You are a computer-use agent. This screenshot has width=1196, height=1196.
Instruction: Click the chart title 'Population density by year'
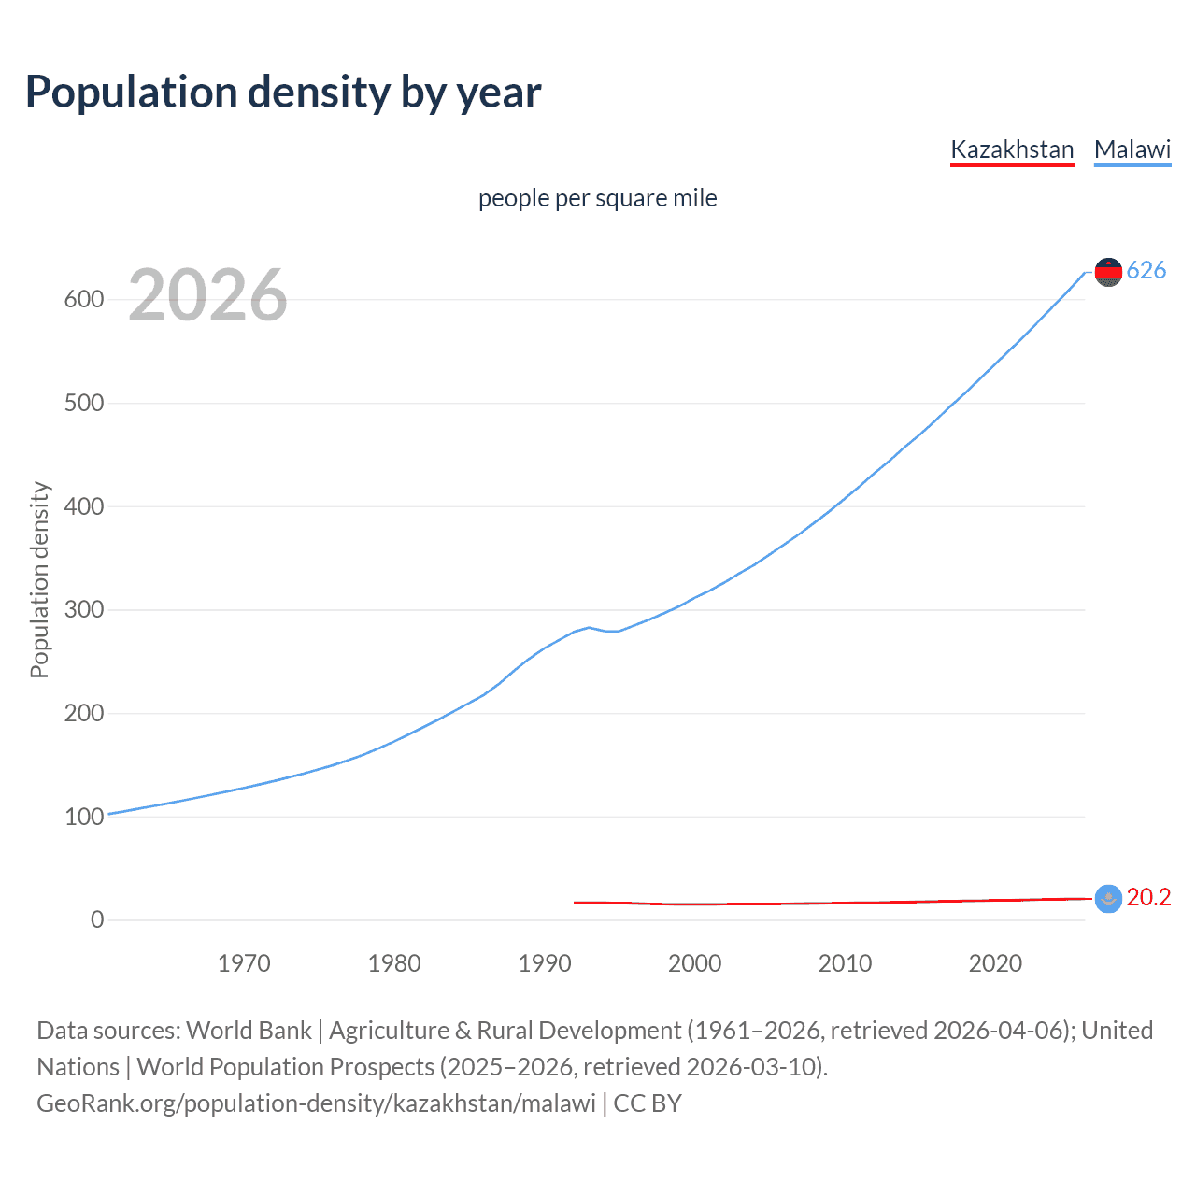coord(283,93)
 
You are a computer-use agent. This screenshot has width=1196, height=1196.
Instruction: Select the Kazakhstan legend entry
coord(1012,149)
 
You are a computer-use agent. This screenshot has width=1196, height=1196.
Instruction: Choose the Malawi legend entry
coord(1132,149)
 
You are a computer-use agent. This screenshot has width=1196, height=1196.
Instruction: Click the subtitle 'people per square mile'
coord(597,198)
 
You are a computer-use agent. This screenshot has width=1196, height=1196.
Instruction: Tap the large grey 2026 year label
coord(207,295)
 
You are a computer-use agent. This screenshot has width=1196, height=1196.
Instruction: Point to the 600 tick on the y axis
coord(83,300)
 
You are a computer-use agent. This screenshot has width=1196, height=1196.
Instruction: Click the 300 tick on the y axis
coord(83,610)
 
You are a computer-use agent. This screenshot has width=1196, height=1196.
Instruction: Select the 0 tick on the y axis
coord(97,920)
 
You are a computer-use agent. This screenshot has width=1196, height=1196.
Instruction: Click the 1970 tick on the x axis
coord(244,963)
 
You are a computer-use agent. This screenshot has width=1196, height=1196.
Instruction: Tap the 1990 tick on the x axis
coord(545,963)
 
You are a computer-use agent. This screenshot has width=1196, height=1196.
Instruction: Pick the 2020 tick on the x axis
coord(995,963)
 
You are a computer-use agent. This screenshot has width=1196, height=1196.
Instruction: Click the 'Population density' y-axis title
coord(39,579)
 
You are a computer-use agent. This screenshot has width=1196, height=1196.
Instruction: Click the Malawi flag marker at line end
coord(1108,272)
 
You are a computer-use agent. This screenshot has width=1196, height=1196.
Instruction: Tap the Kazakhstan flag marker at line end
coord(1108,899)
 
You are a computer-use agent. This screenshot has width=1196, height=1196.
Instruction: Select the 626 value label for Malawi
coord(1146,271)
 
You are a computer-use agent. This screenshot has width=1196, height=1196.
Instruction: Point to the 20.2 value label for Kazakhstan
coord(1148,898)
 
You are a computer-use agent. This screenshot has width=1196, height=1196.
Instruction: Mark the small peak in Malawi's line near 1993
coord(589,627)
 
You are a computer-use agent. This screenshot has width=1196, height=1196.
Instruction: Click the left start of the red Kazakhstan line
coord(576,902)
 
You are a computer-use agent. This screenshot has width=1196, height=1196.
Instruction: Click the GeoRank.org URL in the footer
coord(316,1103)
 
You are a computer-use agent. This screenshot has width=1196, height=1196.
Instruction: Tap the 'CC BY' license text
coord(648,1103)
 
